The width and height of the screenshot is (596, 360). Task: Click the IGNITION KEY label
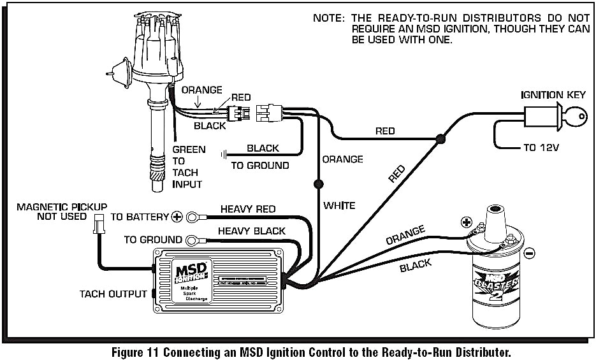pos(553,96)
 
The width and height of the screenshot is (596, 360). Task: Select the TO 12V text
pos(541,148)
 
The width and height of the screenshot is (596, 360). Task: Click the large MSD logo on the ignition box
pos(191,272)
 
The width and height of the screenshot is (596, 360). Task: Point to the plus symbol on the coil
pos(466,223)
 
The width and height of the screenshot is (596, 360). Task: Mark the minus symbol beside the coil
pos(529,253)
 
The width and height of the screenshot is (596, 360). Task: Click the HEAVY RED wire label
pos(247,209)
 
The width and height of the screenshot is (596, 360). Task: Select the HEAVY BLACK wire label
pos(251,231)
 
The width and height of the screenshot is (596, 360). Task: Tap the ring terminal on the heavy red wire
pos(192,217)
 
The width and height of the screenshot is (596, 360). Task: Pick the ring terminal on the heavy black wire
pos(192,240)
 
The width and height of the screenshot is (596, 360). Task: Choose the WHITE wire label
pos(339,205)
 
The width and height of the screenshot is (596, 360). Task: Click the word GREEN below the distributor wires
pos(189,150)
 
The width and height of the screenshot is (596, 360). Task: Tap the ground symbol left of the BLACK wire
pos(223,154)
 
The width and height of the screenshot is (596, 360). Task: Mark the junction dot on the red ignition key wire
pos(439,138)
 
